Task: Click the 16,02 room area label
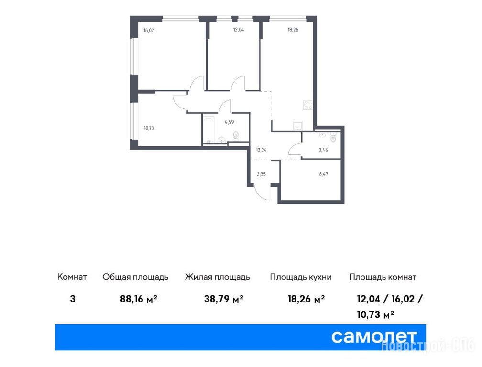(x=149, y=31)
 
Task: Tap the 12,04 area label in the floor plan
(x=238, y=30)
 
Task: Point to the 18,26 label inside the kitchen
(x=293, y=30)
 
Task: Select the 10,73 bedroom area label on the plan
(x=149, y=128)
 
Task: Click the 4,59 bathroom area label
(x=230, y=122)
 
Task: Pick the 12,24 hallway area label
(x=261, y=150)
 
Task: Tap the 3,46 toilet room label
(x=323, y=150)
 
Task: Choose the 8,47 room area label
(x=323, y=174)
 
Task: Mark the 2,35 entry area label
(x=261, y=174)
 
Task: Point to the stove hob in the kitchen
(x=308, y=105)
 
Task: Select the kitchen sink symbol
(x=297, y=126)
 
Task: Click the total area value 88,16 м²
(x=139, y=299)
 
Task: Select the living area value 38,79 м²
(x=224, y=299)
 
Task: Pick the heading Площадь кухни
(x=301, y=277)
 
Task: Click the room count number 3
(x=73, y=299)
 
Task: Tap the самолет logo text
(x=374, y=337)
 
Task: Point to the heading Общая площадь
(x=136, y=277)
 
